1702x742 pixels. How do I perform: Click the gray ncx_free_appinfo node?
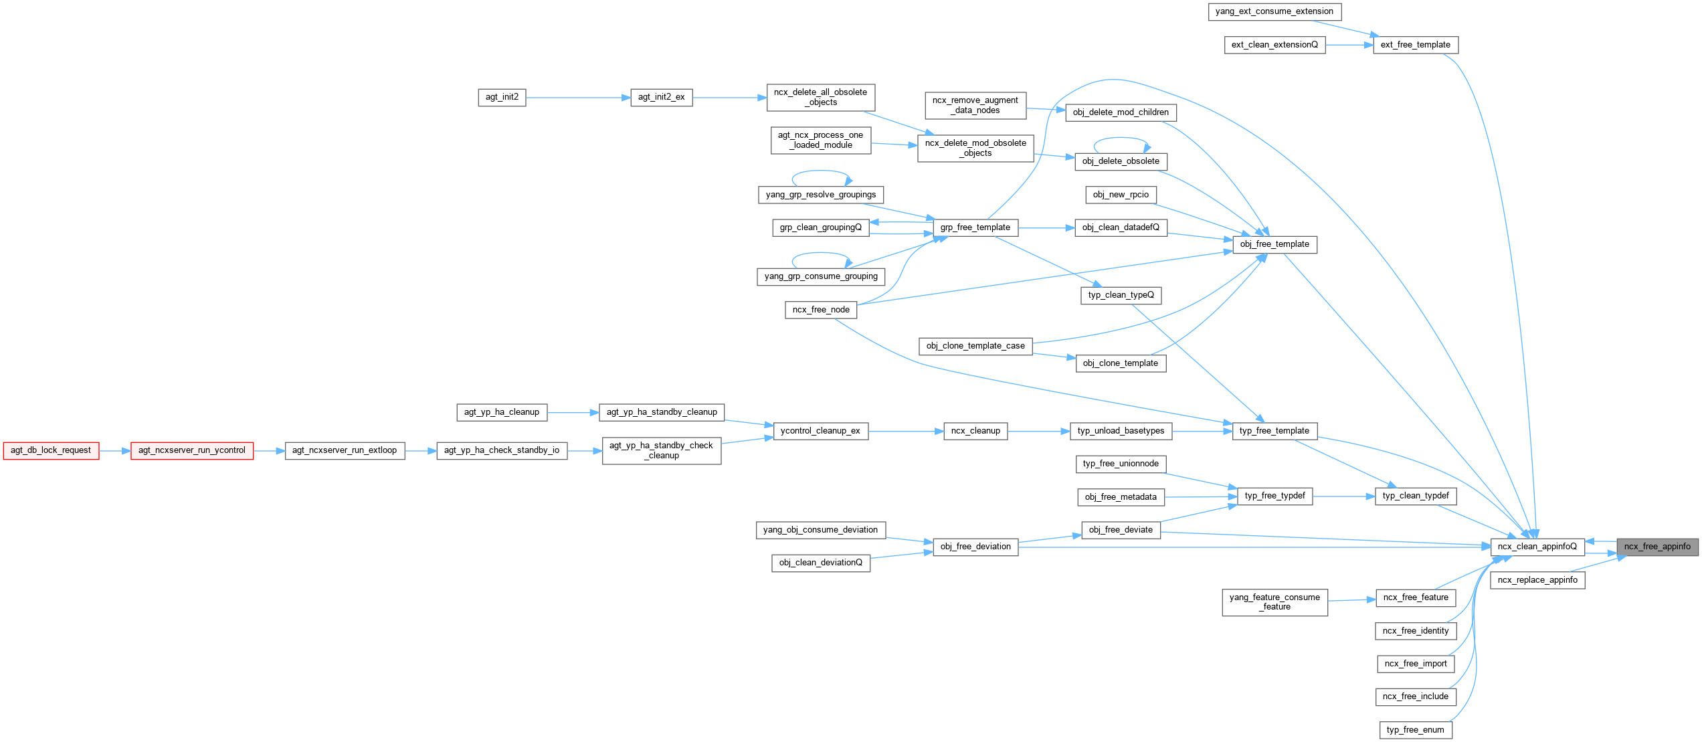(x=1657, y=547)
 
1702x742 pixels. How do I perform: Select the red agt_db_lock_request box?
(x=51, y=450)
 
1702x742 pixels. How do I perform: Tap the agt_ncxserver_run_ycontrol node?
(x=192, y=450)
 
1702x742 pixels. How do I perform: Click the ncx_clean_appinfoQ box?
(x=1537, y=547)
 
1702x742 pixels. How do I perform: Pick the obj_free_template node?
(x=1274, y=244)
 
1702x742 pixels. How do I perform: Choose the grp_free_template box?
(x=975, y=227)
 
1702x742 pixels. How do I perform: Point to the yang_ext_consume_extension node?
(x=1274, y=11)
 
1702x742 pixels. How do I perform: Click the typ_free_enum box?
(x=1415, y=730)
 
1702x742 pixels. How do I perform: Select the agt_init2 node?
(x=502, y=97)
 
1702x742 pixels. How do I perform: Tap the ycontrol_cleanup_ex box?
(x=820, y=431)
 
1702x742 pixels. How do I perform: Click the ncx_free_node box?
(x=821, y=310)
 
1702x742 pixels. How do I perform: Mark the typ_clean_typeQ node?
(x=1121, y=295)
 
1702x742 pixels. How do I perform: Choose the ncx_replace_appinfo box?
(x=1537, y=580)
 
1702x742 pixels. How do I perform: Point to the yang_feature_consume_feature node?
(x=1274, y=602)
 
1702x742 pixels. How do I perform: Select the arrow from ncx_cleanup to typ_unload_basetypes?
(x=1038, y=432)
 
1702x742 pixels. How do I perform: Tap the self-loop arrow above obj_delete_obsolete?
(x=1121, y=138)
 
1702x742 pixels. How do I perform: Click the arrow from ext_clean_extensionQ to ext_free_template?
(x=1348, y=45)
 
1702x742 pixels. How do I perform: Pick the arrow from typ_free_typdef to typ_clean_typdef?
(x=1343, y=496)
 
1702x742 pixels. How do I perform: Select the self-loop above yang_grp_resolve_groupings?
(x=820, y=172)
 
